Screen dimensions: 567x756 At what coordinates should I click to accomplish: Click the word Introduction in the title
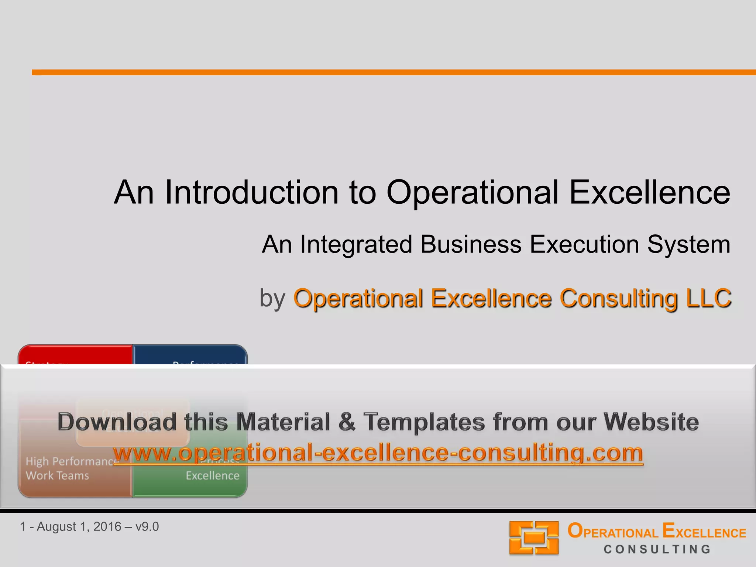point(251,192)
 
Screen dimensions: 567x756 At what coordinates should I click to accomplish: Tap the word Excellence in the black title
point(649,192)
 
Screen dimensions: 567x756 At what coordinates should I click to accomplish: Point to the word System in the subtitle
point(688,244)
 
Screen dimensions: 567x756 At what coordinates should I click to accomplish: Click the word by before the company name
point(272,298)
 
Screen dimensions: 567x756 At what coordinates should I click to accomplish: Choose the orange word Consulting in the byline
point(618,298)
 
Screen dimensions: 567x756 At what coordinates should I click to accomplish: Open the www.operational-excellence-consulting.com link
point(378,453)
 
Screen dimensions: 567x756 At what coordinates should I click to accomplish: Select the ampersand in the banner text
point(347,422)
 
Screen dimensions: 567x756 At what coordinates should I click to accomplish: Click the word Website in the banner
point(651,422)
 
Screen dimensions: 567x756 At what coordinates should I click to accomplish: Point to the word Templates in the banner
point(424,422)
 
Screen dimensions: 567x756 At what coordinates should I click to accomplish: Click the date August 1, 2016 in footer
point(79,527)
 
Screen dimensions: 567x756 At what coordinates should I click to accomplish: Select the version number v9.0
point(147,527)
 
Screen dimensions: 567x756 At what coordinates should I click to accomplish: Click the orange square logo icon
point(534,537)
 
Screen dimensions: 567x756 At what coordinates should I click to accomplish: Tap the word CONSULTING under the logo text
point(657,549)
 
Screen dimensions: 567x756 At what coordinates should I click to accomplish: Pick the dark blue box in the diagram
point(190,354)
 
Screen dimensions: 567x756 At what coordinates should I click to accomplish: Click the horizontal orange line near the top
point(394,72)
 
